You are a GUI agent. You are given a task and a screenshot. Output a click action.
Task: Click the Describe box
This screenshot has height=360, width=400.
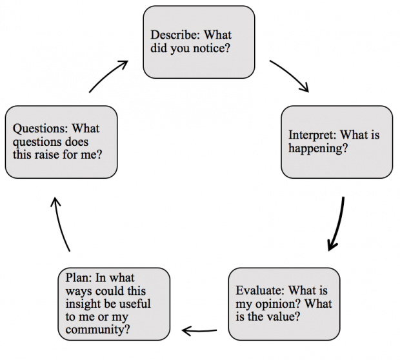[199, 42]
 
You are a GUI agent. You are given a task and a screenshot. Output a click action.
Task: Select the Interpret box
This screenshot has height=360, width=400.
[336, 142]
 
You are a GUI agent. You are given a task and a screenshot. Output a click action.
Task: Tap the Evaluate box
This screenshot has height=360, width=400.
[284, 304]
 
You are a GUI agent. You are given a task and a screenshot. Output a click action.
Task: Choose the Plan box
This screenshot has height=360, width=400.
[114, 304]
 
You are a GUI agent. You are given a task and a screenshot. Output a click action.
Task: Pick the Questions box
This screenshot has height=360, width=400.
[61, 142]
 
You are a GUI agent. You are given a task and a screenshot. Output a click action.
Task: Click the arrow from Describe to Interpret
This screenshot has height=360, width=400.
[290, 76]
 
